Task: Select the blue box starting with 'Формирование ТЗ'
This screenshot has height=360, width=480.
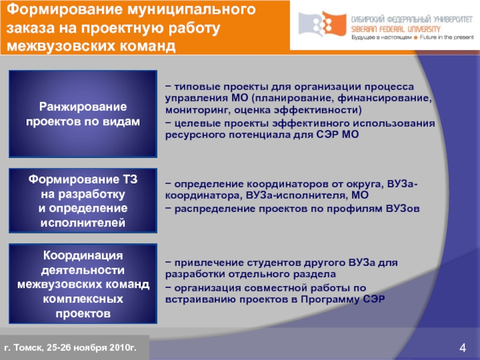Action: (x=83, y=201)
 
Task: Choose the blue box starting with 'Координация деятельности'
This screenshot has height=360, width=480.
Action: (x=83, y=284)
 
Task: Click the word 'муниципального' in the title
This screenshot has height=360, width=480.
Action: (x=189, y=10)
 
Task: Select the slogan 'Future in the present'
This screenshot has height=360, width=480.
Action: (x=443, y=37)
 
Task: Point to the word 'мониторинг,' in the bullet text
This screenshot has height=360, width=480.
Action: (x=193, y=110)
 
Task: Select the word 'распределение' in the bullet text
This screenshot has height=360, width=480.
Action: (x=208, y=208)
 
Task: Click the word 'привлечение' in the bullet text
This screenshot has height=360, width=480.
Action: (x=202, y=263)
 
